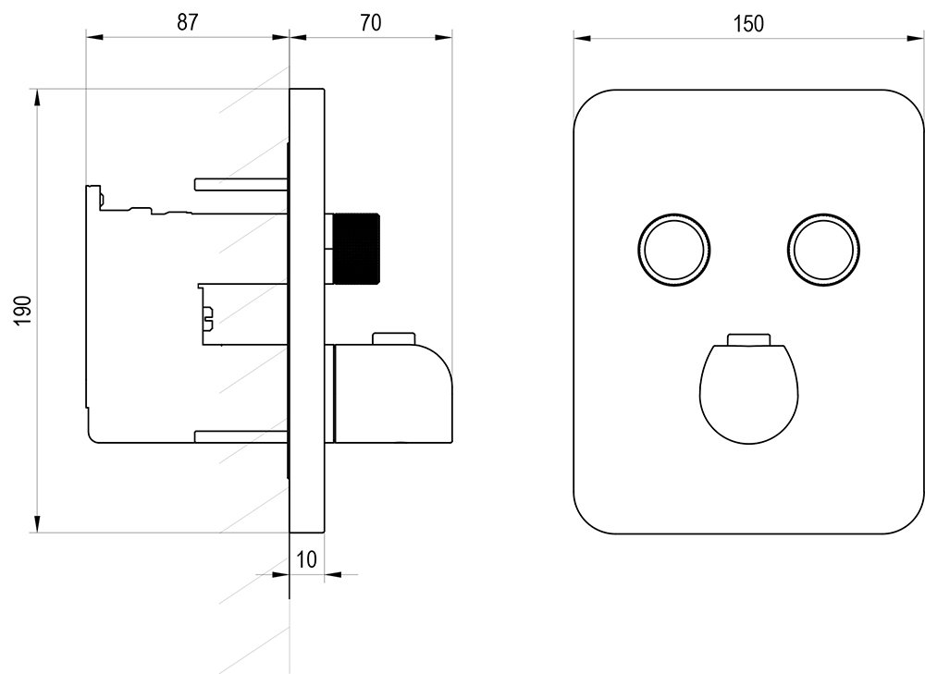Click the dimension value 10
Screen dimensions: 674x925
tap(306, 558)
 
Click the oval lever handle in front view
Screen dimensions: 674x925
tap(749, 389)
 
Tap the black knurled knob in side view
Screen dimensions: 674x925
tap(356, 249)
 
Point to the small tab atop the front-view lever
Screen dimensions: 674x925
tap(749, 339)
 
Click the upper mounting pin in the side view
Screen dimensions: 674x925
tap(240, 183)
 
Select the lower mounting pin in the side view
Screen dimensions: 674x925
tap(240, 435)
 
